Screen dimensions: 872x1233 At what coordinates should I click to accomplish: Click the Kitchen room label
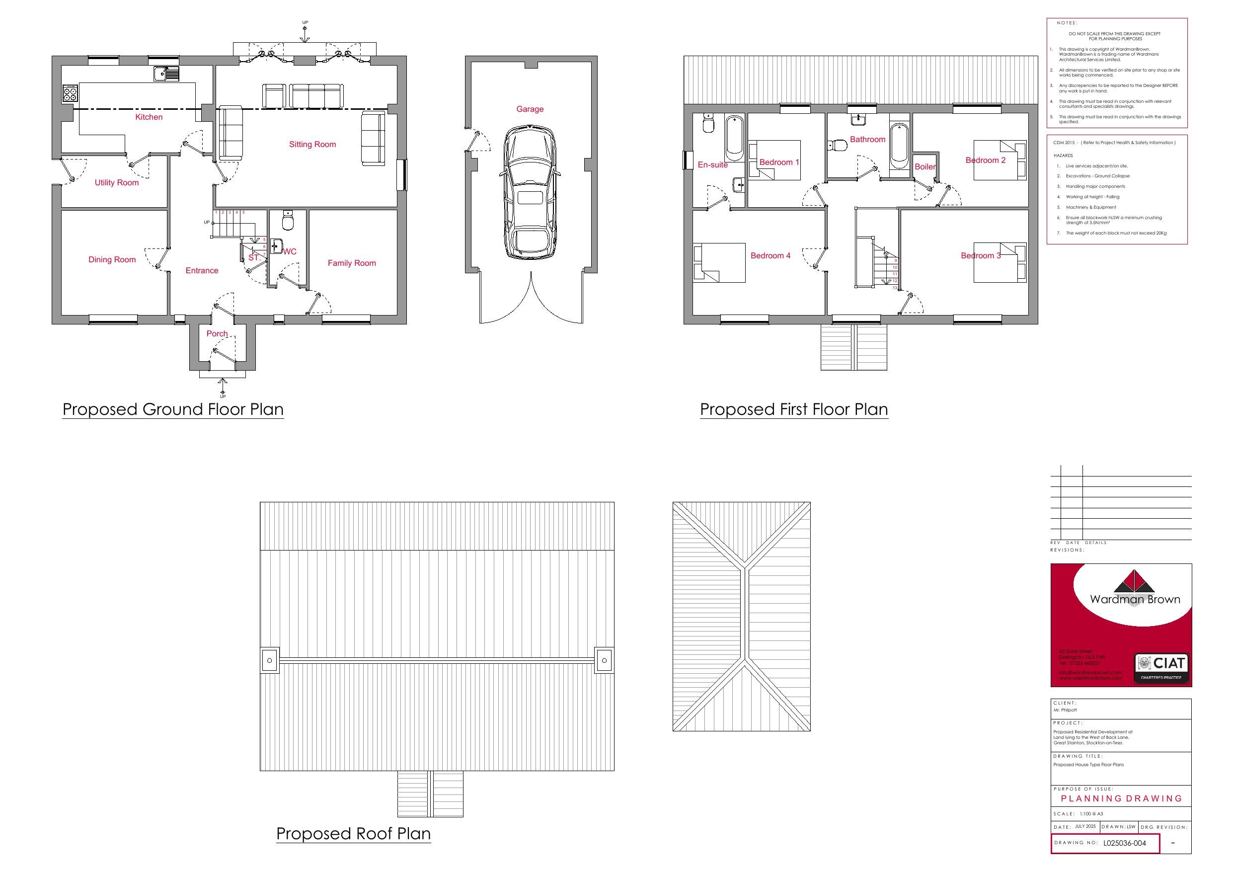point(149,117)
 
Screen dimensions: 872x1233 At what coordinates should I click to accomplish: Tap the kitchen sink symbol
point(165,74)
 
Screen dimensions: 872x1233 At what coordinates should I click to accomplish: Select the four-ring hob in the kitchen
point(71,93)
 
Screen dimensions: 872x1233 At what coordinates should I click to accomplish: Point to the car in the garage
point(530,192)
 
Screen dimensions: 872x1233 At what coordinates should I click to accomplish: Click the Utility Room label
point(117,183)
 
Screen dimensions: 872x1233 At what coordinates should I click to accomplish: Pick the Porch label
point(217,334)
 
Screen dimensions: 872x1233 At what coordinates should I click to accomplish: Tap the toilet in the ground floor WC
point(287,220)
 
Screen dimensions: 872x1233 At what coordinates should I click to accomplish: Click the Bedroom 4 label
point(770,256)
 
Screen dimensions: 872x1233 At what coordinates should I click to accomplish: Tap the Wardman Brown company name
point(1135,599)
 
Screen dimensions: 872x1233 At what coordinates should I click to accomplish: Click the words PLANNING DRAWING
point(1121,798)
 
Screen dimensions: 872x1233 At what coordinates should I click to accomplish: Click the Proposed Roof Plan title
point(353,833)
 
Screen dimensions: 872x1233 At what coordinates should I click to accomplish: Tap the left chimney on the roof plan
point(270,660)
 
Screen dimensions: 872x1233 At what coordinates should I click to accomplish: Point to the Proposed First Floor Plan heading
point(794,409)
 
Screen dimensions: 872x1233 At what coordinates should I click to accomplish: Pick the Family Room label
point(352,263)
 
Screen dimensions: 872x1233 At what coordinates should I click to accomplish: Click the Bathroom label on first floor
point(867,140)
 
